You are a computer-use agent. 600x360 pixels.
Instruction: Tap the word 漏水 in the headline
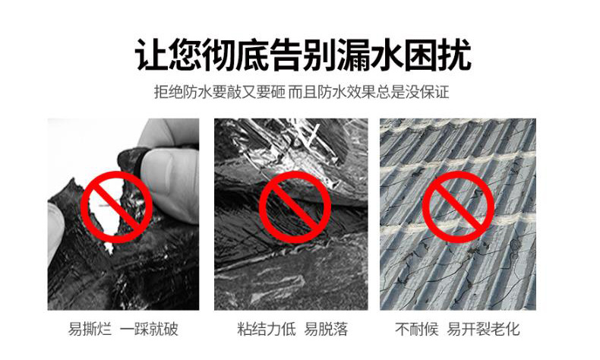(x=369, y=55)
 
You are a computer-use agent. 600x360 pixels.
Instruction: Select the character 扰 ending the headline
(x=453, y=55)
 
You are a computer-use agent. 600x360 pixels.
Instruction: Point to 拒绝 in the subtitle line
(x=169, y=92)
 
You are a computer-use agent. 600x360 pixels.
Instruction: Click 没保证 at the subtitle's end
(x=427, y=92)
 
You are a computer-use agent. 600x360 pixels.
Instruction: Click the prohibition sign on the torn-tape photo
(x=117, y=207)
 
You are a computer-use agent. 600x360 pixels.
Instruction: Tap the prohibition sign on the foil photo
(x=295, y=207)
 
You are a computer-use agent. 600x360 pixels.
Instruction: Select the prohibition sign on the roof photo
(x=458, y=207)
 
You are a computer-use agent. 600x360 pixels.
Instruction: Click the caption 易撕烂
(x=90, y=329)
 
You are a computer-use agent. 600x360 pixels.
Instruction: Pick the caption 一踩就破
(x=149, y=329)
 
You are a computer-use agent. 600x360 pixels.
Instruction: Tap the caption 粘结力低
(x=267, y=329)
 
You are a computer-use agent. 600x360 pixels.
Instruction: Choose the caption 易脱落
(x=326, y=329)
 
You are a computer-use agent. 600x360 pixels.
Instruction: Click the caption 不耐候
(x=417, y=329)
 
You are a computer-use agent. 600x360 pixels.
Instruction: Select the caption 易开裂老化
(x=484, y=329)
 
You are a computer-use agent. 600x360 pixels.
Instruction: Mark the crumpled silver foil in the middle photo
(x=295, y=153)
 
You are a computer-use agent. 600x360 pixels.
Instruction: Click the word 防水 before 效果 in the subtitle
(x=331, y=92)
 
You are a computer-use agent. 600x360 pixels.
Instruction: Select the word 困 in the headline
(x=420, y=55)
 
